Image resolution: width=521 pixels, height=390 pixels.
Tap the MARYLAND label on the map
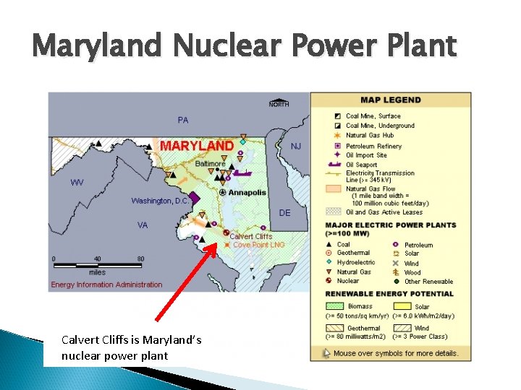(x=196, y=146)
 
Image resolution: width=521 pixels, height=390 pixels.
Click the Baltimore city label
(x=210, y=164)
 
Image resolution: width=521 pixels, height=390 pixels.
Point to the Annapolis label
(x=247, y=193)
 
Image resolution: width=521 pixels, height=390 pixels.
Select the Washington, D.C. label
(x=161, y=200)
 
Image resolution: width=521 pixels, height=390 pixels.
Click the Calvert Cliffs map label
(x=251, y=236)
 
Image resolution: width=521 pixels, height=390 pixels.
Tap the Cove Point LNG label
(x=258, y=245)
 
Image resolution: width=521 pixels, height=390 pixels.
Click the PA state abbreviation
(x=183, y=120)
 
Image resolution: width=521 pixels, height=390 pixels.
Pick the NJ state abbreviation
(x=296, y=146)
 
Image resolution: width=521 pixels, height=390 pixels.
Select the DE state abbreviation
(x=284, y=213)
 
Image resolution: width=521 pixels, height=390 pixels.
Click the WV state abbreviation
(x=77, y=182)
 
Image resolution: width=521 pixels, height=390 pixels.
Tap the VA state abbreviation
(x=143, y=225)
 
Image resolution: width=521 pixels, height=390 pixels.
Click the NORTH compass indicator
(x=279, y=103)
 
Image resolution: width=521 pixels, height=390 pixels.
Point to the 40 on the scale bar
(x=97, y=259)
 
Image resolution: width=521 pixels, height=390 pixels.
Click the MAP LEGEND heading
(x=391, y=100)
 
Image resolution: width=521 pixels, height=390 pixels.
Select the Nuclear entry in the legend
(x=347, y=281)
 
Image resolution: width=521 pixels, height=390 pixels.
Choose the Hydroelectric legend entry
(x=355, y=263)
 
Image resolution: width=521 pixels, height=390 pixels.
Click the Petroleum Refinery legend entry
(x=373, y=146)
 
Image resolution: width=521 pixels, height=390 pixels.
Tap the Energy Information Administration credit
(x=106, y=285)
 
